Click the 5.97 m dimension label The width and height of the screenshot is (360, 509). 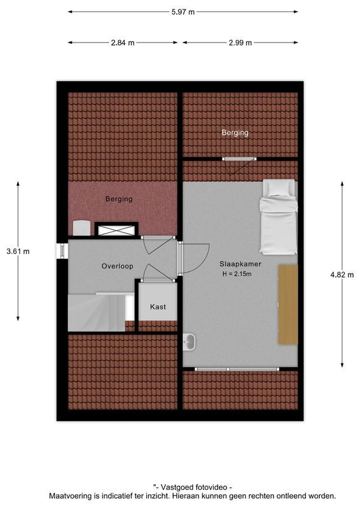pos(183,11)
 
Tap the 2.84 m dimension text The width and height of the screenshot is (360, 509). pos(123,43)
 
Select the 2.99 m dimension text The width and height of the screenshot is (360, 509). pos(240,43)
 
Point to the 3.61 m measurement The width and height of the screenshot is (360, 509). pos(18,251)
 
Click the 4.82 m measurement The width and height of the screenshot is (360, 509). pos(342,274)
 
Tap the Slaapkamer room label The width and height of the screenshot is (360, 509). pos(240,264)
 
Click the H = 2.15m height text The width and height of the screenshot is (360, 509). pos(237,274)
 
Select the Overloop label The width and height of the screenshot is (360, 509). pos(117,266)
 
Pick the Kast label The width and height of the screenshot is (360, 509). pos(158,307)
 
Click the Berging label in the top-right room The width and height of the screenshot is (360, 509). pos(235,133)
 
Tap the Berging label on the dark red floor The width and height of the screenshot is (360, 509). pos(119,199)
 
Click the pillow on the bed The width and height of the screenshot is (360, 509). pos(280,188)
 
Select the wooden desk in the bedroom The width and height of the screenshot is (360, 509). pos(287,305)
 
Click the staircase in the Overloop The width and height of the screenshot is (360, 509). pos(95,312)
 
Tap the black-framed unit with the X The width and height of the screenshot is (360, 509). pos(116,229)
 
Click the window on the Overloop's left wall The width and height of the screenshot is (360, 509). pos(62,250)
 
